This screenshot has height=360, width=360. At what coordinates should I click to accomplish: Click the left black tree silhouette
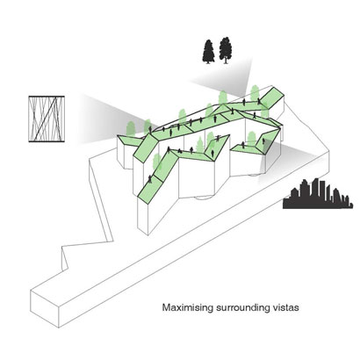tap(208, 51)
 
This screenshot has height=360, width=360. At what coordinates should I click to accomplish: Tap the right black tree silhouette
tap(225, 50)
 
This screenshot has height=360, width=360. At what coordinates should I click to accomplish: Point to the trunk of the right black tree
tap(225, 61)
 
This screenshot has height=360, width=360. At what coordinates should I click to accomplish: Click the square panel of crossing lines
tap(47, 119)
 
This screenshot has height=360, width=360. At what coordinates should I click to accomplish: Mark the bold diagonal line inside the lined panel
tap(46, 119)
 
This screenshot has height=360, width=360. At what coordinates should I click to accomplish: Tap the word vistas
tap(285, 308)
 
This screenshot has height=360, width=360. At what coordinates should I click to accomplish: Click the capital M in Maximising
tap(166, 308)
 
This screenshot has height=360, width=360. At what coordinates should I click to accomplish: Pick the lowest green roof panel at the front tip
tap(150, 191)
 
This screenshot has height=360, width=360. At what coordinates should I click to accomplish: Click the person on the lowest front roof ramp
tap(150, 179)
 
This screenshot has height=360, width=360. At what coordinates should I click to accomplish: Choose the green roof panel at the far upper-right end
tap(271, 97)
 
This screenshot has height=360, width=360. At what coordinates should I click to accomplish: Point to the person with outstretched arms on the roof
tap(218, 138)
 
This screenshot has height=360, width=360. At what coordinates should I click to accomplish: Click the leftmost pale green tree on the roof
tap(131, 128)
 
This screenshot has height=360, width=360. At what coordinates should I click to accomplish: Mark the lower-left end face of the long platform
tap(45, 309)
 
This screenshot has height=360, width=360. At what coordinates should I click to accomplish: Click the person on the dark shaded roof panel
tap(263, 141)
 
